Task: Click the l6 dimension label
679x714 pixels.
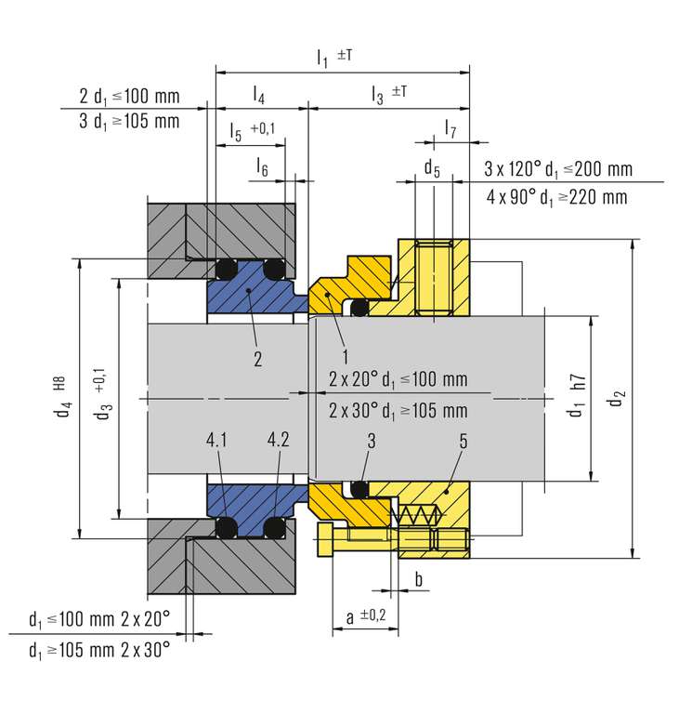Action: pyautogui.click(x=263, y=167)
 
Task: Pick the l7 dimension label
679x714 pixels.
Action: pyautogui.click(x=450, y=126)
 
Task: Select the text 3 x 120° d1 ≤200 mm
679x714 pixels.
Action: pyautogui.click(x=558, y=169)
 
